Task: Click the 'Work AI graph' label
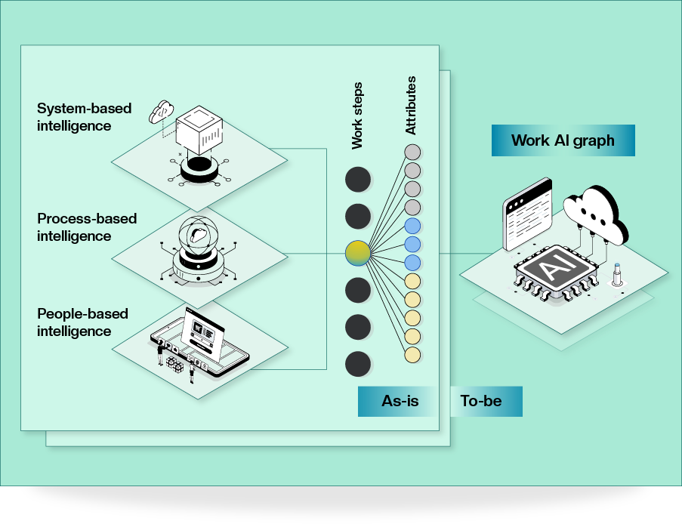pyautogui.click(x=563, y=140)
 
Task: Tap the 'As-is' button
pyautogui.click(x=400, y=401)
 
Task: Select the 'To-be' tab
pyautogui.click(x=481, y=401)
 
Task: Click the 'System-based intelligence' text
pyautogui.click(x=84, y=117)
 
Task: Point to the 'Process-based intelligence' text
pyautogui.click(x=87, y=227)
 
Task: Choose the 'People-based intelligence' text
pyautogui.click(x=82, y=322)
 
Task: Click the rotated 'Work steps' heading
pyautogui.click(x=357, y=115)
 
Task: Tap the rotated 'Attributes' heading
pyautogui.click(x=411, y=106)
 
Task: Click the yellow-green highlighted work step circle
pyautogui.click(x=358, y=253)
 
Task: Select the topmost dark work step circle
pyautogui.click(x=358, y=180)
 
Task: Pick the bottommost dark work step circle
pyautogui.click(x=358, y=364)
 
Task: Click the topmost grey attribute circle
pyautogui.click(x=412, y=151)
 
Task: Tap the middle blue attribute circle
pyautogui.click(x=412, y=244)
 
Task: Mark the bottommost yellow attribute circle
pyautogui.click(x=412, y=354)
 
